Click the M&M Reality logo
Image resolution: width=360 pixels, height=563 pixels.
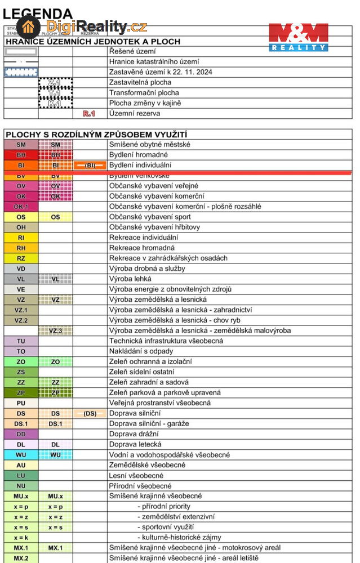[x=298, y=37]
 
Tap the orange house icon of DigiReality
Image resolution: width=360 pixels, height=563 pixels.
[x=28, y=26]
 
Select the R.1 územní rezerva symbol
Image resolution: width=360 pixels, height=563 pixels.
[x=89, y=113]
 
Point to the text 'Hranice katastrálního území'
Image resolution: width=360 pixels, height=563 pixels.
[x=154, y=61]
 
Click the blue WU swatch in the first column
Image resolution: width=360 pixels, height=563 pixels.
[x=21, y=455]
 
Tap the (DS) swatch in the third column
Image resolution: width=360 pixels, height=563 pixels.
[x=90, y=413]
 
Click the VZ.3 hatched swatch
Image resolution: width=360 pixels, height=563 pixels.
[x=55, y=330]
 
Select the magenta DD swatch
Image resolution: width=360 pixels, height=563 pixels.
[x=21, y=434]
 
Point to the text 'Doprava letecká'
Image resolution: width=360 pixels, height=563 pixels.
[x=135, y=444]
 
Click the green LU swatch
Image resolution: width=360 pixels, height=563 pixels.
[x=21, y=476]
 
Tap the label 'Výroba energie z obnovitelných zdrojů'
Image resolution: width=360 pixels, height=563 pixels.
[x=170, y=289]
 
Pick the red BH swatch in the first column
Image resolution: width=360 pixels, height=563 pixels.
[x=21, y=155]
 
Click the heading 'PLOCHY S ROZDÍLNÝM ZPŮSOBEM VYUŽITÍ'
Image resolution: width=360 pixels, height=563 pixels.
[x=96, y=134]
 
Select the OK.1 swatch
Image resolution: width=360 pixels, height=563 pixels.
[x=21, y=207]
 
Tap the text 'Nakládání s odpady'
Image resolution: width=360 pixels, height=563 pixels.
[x=141, y=351]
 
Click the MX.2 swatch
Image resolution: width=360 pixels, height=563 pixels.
[x=21, y=558]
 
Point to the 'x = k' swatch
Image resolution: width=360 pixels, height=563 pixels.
[x=21, y=538]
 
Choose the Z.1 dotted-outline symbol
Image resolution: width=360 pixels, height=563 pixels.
[x=55, y=82]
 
